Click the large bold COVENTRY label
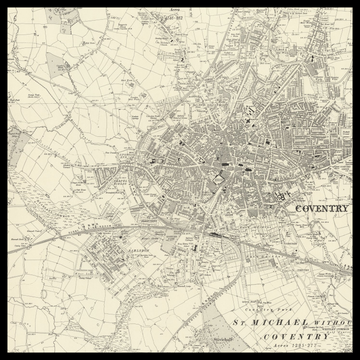tap(323, 209)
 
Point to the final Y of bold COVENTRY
tap(347, 209)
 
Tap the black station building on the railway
tap(215, 234)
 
